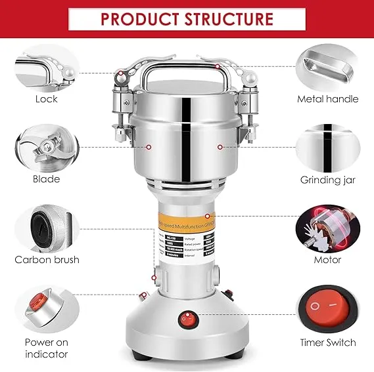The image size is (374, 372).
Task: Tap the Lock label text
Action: pyautogui.click(x=47, y=99)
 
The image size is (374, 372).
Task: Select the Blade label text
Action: pyautogui.click(x=47, y=179)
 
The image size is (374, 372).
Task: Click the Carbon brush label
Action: pyautogui.click(x=47, y=260)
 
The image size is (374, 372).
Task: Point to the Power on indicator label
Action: pyautogui.click(x=47, y=348)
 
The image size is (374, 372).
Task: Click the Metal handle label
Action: pyautogui.click(x=327, y=99)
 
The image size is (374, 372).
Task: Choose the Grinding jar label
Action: pyautogui.click(x=327, y=179)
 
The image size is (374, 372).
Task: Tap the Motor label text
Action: pyautogui.click(x=327, y=260)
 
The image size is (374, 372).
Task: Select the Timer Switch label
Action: pyautogui.click(x=327, y=342)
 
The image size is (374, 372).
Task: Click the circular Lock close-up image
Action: pyautogui.click(x=47, y=66)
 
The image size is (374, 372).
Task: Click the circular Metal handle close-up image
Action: pyautogui.click(x=327, y=66)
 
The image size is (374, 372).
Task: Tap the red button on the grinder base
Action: pyautogui.click(x=188, y=320)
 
